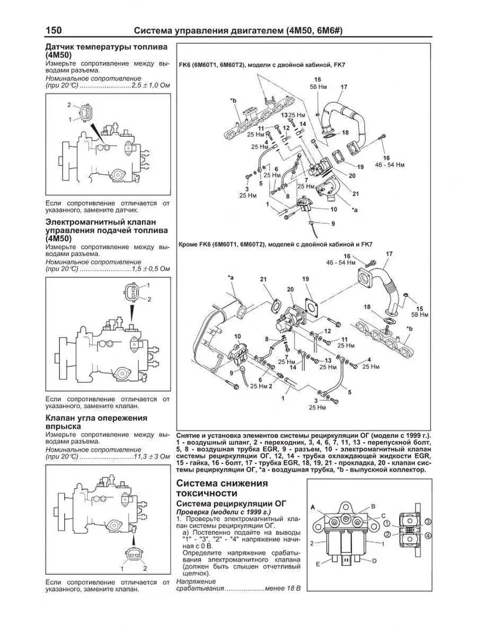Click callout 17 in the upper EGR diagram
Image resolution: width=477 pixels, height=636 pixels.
click(x=344, y=87)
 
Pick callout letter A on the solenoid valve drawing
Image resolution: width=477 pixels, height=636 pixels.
click(x=313, y=507)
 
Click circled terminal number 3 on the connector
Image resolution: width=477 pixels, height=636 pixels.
click(x=428, y=522)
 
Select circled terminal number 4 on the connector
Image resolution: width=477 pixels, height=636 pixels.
click(x=429, y=536)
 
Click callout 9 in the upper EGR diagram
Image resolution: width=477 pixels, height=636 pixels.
click(x=333, y=223)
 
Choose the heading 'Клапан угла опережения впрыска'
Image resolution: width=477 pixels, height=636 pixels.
click(x=96, y=422)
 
